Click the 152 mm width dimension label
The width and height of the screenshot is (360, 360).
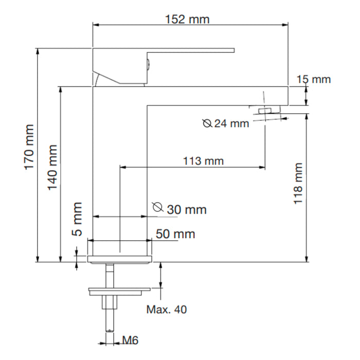pyautogui.click(x=187, y=20)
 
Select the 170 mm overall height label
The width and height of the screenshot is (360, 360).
pyautogui.click(x=29, y=147)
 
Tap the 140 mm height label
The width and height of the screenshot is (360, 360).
pyautogui.click(x=52, y=168)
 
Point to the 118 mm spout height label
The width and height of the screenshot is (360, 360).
pyautogui.click(x=298, y=184)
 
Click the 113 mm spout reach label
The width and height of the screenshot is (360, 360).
pyautogui.click(x=203, y=160)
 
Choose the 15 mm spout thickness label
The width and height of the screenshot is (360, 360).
pyautogui.click(x=314, y=79)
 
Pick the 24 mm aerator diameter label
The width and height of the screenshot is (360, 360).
pyautogui.click(x=231, y=123)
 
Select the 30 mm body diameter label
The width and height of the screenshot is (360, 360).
pyautogui.click(x=187, y=210)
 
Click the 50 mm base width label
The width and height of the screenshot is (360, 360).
pyautogui.click(x=175, y=234)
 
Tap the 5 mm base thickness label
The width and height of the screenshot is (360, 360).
pyautogui.click(x=77, y=219)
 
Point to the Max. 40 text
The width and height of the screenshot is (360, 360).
pyautogui.click(x=167, y=310)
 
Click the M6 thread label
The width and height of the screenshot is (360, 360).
pyautogui.click(x=130, y=340)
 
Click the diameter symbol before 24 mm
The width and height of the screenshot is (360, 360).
pyautogui.click(x=207, y=123)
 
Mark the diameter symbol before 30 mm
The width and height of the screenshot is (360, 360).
pyautogui.click(x=158, y=207)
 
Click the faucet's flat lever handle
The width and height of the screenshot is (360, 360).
pyautogui.click(x=191, y=50)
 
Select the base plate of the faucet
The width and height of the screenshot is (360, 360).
pyautogui.click(x=120, y=259)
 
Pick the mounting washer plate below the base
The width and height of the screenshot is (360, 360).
pyautogui.click(x=119, y=291)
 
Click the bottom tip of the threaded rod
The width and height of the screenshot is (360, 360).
pyautogui.click(x=110, y=331)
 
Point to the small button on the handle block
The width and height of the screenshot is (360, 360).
pyautogui.click(x=148, y=64)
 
